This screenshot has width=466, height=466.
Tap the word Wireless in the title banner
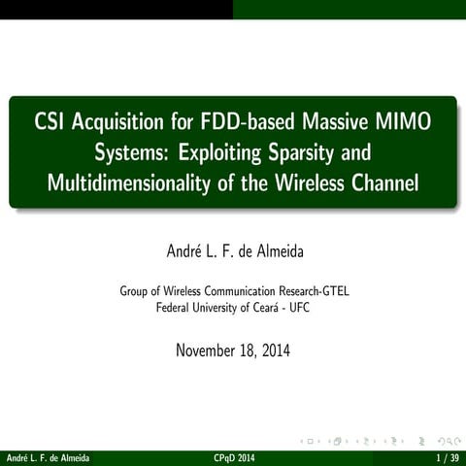308,183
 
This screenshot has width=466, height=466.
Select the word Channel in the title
385,183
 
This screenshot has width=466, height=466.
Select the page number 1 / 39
447,457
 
